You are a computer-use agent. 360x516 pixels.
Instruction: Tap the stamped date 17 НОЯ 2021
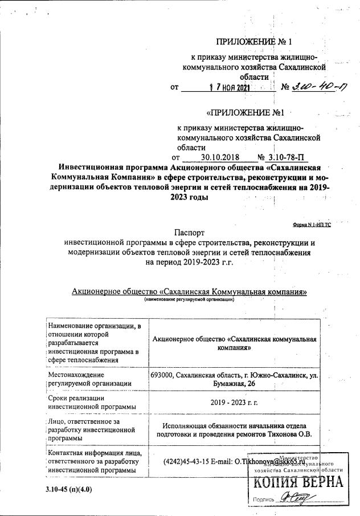click(x=228, y=88)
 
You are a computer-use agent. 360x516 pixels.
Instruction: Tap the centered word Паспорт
click(x=188, y=231)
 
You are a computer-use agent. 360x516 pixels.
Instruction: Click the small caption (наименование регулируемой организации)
click(x=189, y=299)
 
